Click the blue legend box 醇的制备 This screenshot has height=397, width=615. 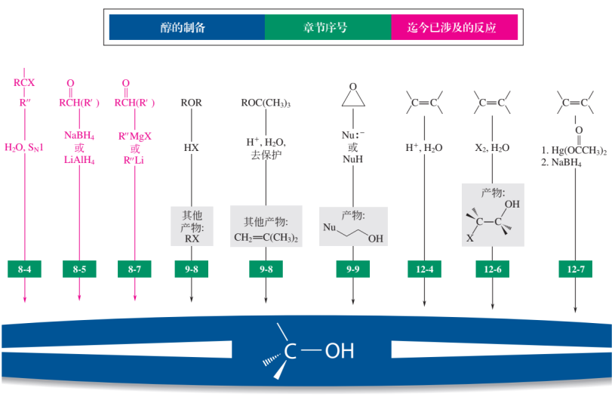[x=186, y=27]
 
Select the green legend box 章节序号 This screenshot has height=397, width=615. [x=327, y=27]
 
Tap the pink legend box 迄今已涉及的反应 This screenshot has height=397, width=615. [x=454, y=27]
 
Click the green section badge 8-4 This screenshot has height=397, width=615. [x=26, y=269]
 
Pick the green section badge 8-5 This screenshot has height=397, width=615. [x=80, y=269]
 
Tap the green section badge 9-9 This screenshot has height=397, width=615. [x=352, y=269]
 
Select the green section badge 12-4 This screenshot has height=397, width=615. [x=425, y=269]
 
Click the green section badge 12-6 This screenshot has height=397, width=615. [x=493, y=269]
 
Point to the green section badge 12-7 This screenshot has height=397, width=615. [x=576, y=269]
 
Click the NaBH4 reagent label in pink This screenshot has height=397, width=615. [x=78, y=135]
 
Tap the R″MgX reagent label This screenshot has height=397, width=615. [x=136, y=135]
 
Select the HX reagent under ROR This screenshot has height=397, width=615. [x=191, y=148]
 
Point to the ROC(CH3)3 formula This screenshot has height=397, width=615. [x=266, y=103]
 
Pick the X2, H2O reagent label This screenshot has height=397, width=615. [x=493, y=148]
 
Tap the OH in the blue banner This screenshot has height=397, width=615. [x=338, y=352]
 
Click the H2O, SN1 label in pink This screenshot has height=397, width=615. [x=25, y=148]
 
